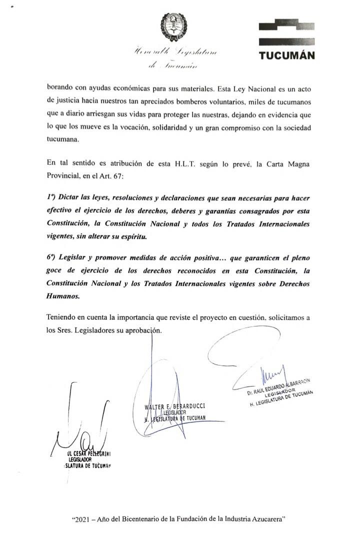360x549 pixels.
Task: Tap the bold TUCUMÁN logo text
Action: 287,55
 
